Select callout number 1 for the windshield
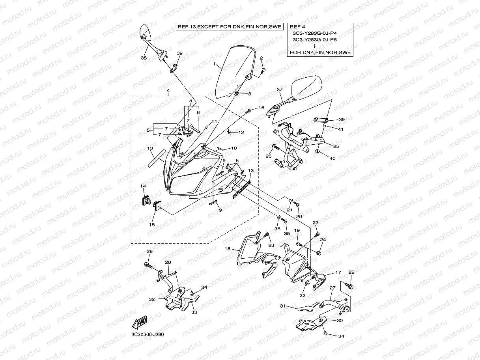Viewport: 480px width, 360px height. click(x=214, y=64)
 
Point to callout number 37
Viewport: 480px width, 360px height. click(x=280, y=90)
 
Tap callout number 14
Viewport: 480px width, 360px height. click(x=143, y=185)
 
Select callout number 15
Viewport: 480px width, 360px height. click(x=151, y=224)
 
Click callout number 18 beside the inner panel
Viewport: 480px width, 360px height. click(x=228, y=249)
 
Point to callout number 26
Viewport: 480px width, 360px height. click(x=269, y=157)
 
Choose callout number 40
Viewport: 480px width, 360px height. click(x=332, y=159)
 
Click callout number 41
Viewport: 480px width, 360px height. click(x=340, y=129)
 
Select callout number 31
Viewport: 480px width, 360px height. click(x=282, y=306)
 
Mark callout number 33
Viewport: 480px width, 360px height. click(x=194, y=312)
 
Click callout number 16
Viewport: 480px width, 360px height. click(x=261, y=108)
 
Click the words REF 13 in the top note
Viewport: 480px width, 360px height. click(x=186, y=27)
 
